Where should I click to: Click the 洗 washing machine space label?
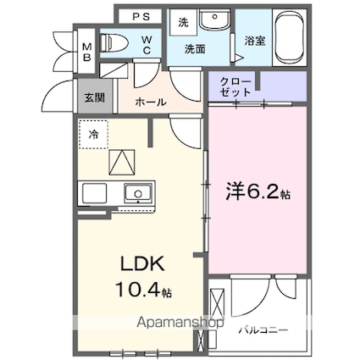point(183,24)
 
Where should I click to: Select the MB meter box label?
point(87,47)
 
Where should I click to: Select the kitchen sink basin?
point(136,194)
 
